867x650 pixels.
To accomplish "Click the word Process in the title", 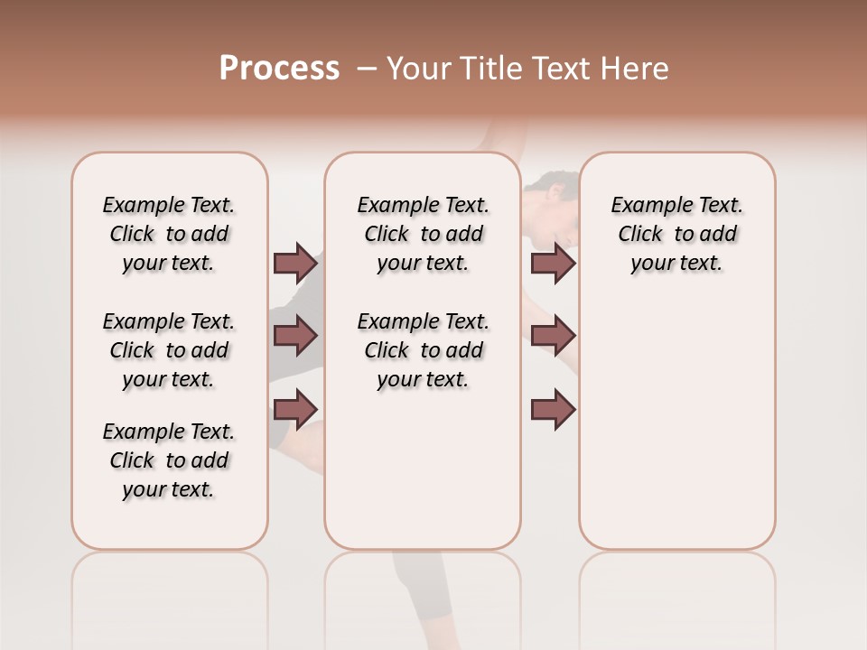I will pos(279,69).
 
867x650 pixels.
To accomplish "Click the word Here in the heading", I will pos(636,69).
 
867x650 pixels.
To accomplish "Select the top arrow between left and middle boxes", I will pos(295,263).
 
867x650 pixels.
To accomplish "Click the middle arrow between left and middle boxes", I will pos(295,336).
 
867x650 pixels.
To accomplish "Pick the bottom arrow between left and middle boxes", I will pos(295,409).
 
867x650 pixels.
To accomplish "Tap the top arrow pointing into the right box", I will pos(554,263).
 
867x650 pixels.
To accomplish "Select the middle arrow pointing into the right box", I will pos(554,336).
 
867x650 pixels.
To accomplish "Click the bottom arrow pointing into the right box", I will pos(554,409).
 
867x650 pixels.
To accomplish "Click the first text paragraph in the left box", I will pos(169,234).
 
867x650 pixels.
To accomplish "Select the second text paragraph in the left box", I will pos(169,350).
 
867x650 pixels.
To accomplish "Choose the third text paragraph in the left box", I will pos(169,460).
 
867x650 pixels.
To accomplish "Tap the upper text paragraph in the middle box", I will pos(423,234).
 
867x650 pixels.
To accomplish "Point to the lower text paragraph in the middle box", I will pos(423,350).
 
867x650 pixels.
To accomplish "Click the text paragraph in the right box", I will pos(677,234).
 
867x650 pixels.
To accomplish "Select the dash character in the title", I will pos(368,69).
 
